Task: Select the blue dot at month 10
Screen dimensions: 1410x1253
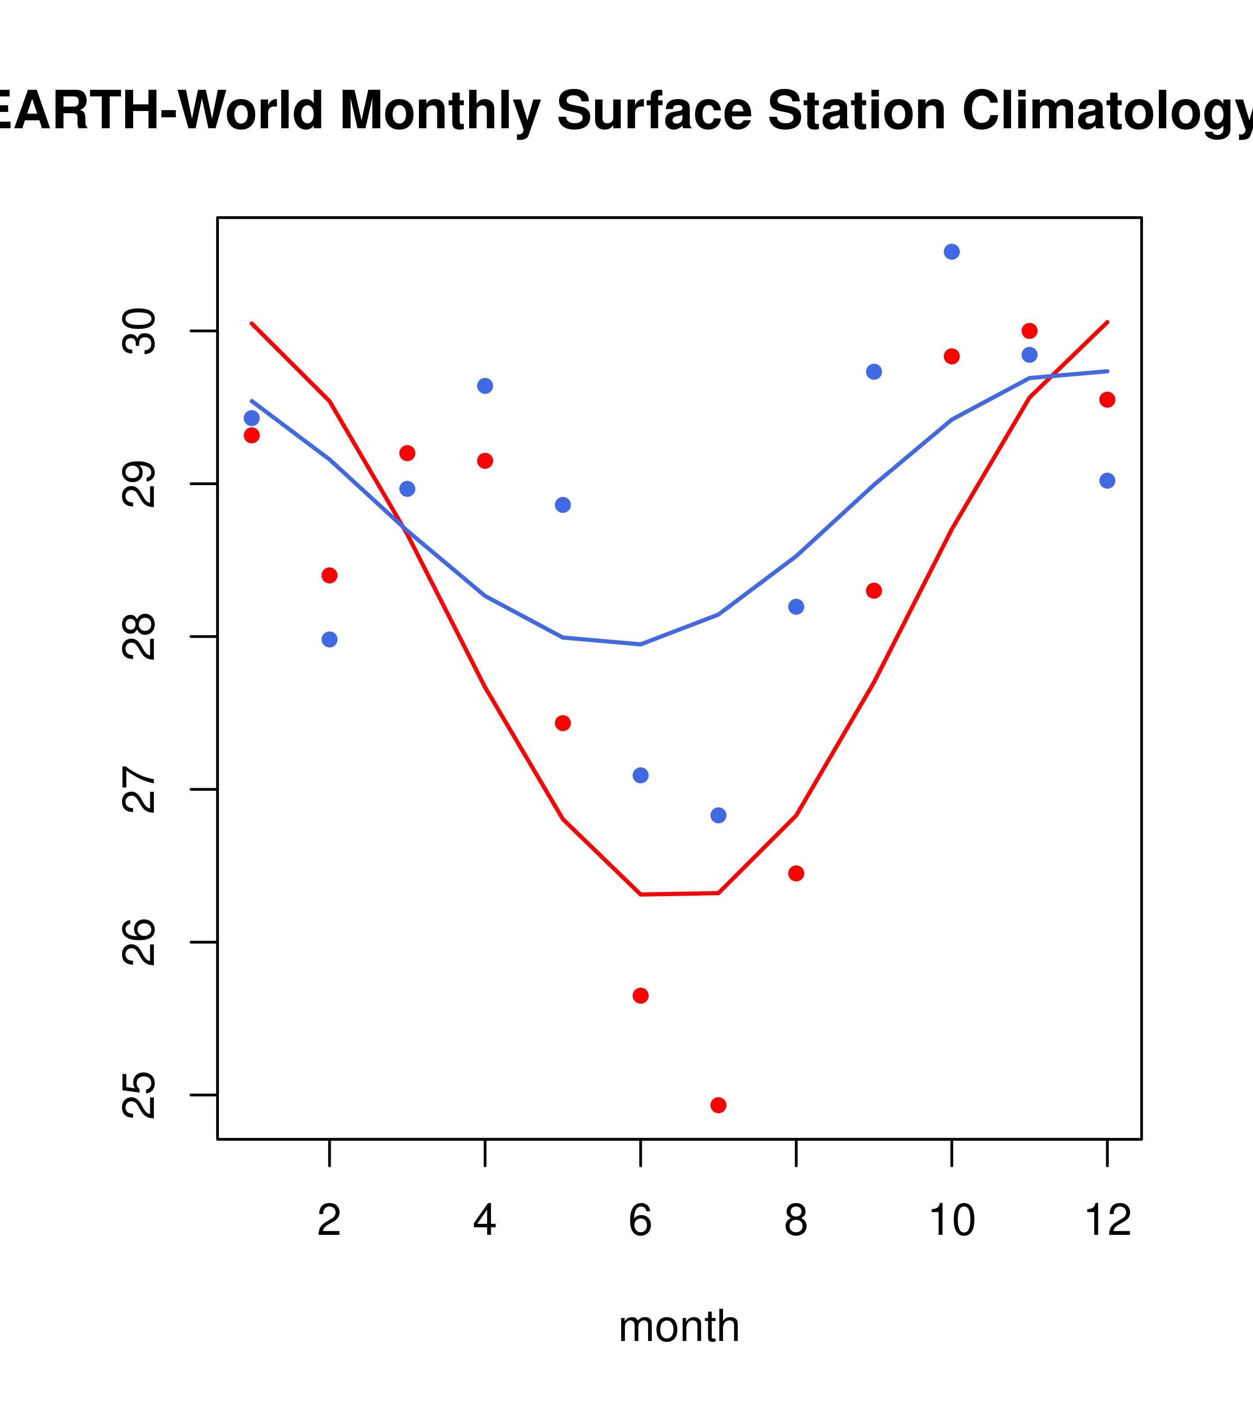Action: pos(951,252)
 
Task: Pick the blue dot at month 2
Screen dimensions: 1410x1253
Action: pos(330,640)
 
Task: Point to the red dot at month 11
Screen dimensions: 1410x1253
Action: pos(1030,331)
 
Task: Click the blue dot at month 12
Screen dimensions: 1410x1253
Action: pos(1107,481)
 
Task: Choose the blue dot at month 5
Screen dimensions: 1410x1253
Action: pos(563,505)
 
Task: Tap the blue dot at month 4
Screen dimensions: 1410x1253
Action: pos(485,386)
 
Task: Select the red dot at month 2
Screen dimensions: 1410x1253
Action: pos(330,575)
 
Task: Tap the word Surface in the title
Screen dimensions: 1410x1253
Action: pos(654,111)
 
